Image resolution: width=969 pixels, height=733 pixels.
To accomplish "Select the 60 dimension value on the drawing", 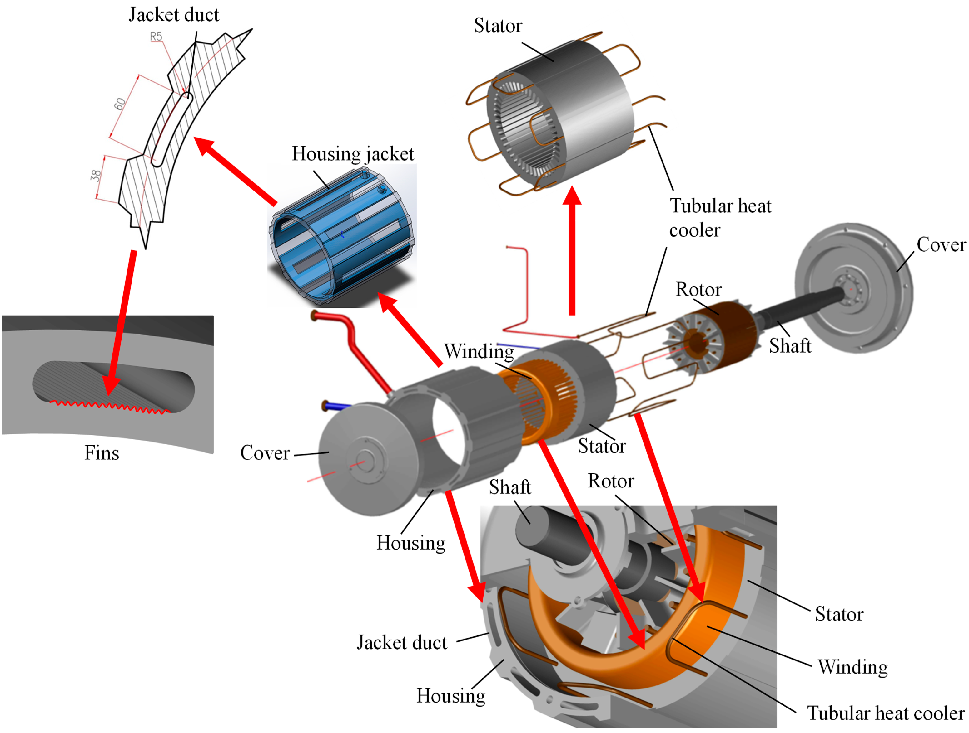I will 119,104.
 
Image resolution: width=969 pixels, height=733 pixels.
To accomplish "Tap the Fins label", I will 102,453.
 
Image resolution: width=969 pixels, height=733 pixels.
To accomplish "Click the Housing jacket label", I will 353,154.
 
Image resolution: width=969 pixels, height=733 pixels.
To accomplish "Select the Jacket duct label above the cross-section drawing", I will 174,15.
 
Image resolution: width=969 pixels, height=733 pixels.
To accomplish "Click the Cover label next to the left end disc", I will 265,453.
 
